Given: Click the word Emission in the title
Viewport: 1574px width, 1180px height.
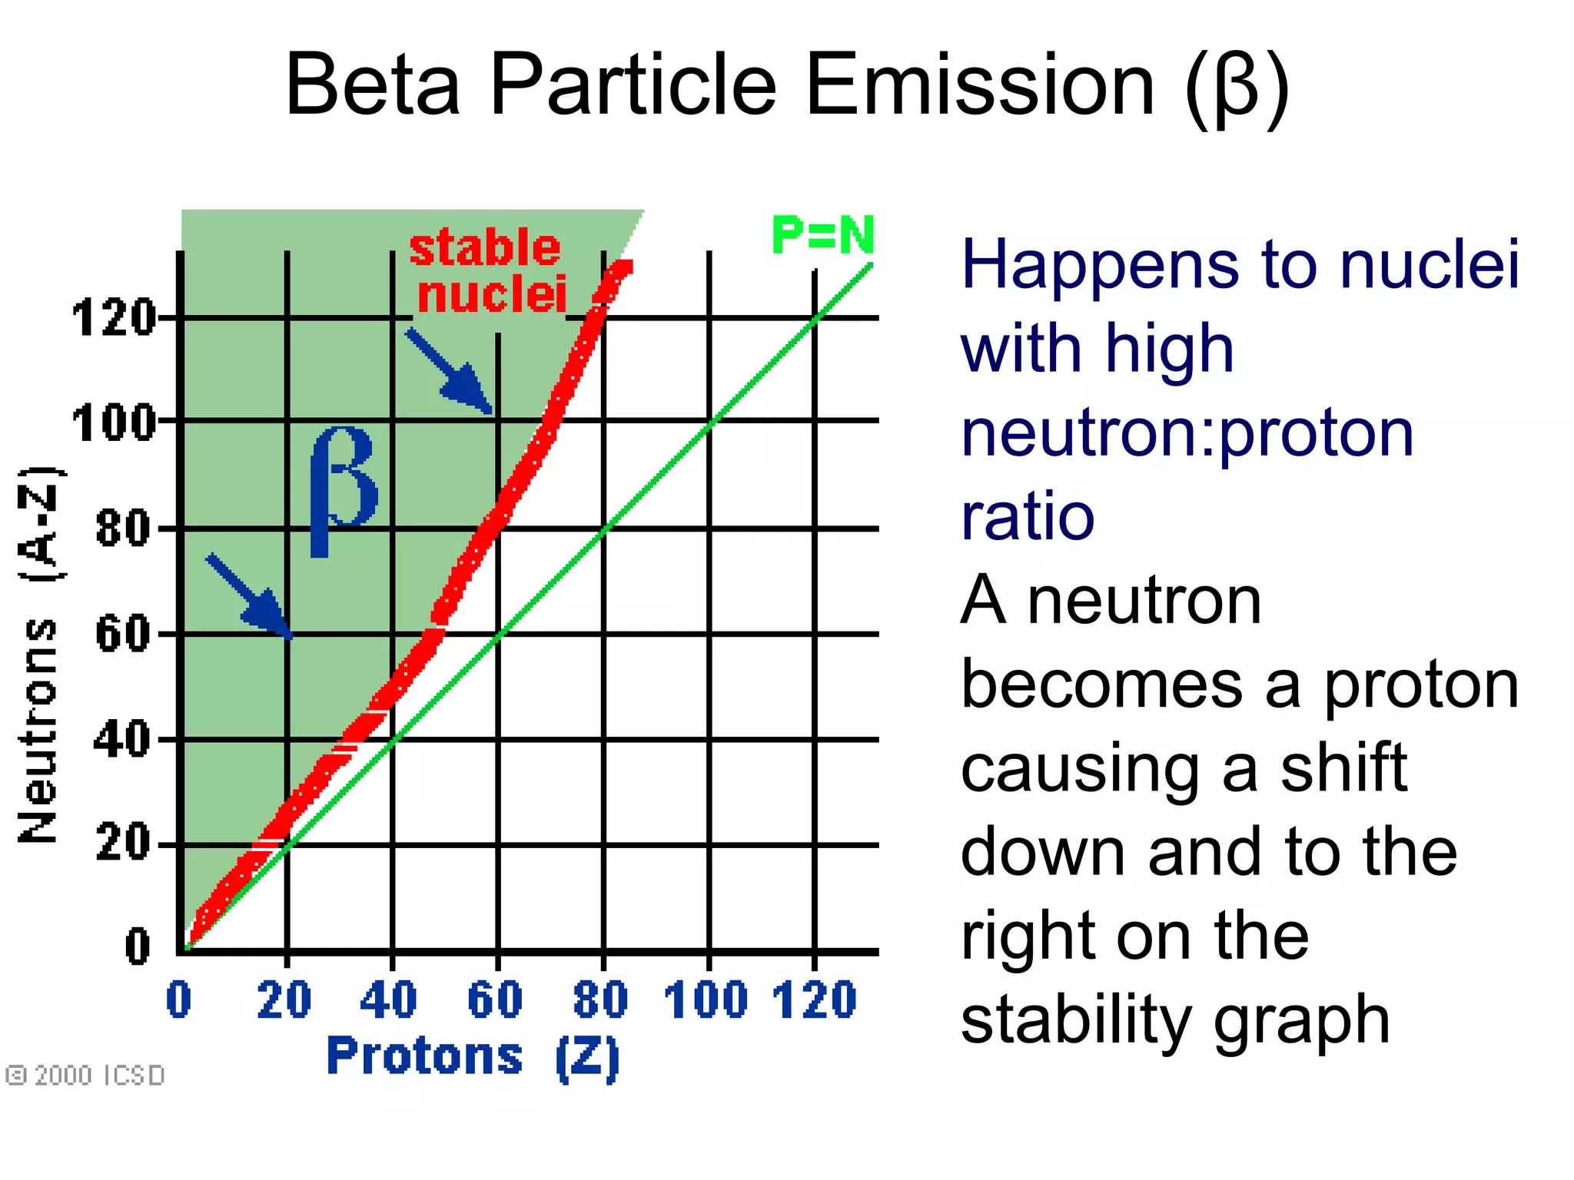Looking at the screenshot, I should point(980,85).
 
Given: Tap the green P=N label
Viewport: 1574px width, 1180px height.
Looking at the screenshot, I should point(822,235).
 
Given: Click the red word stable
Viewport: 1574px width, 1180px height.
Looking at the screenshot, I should point(485,248).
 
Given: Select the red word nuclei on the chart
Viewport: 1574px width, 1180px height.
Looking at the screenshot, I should point(492,294).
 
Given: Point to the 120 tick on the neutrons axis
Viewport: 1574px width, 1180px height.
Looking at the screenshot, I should point(114,318).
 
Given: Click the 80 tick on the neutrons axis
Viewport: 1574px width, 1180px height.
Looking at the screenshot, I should point(123,529).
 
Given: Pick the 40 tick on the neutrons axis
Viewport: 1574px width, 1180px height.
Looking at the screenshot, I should point(123,740).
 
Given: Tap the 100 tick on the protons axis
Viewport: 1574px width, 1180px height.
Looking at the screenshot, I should point(706,1000).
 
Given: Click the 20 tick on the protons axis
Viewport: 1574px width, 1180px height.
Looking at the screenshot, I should point(284,1000).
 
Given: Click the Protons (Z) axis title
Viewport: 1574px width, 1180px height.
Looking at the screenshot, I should point(473,1056).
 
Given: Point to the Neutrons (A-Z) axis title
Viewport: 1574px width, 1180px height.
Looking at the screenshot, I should point(38,653).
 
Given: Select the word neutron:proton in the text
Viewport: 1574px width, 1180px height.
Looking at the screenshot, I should point(1187,433).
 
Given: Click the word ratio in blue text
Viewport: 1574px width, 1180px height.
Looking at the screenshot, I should point(1028,516).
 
